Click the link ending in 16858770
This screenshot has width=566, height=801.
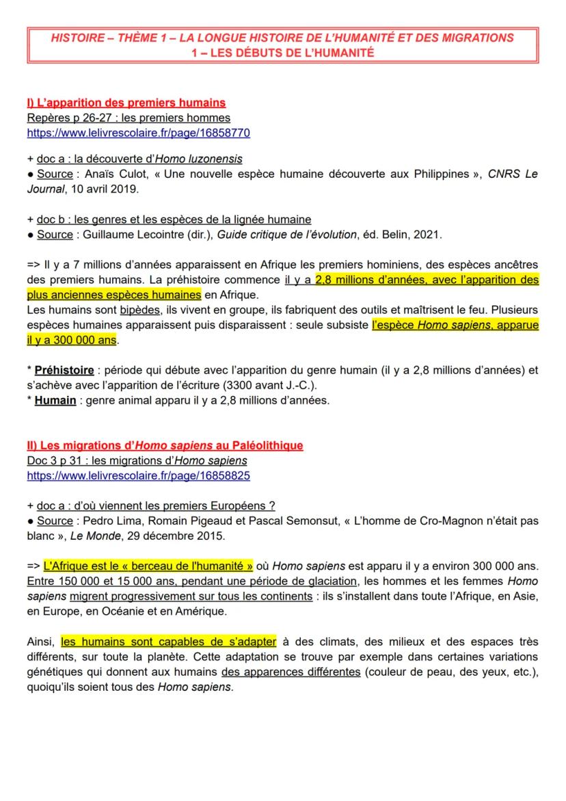[138, 133]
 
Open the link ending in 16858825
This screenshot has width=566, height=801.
[138, 475]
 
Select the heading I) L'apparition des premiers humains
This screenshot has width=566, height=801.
[126, 103]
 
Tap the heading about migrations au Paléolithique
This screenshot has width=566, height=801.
[165, 445]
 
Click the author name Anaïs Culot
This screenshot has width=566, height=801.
[110, 174]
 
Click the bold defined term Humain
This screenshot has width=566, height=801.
[55, 400]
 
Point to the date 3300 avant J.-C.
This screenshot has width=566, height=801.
[280, 385]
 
